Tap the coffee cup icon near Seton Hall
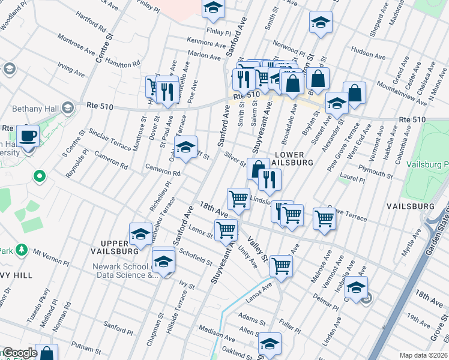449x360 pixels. (x=28, y=135)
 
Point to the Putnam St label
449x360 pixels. (x=85, y=347)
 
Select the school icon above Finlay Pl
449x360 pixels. (x=212, y=8)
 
